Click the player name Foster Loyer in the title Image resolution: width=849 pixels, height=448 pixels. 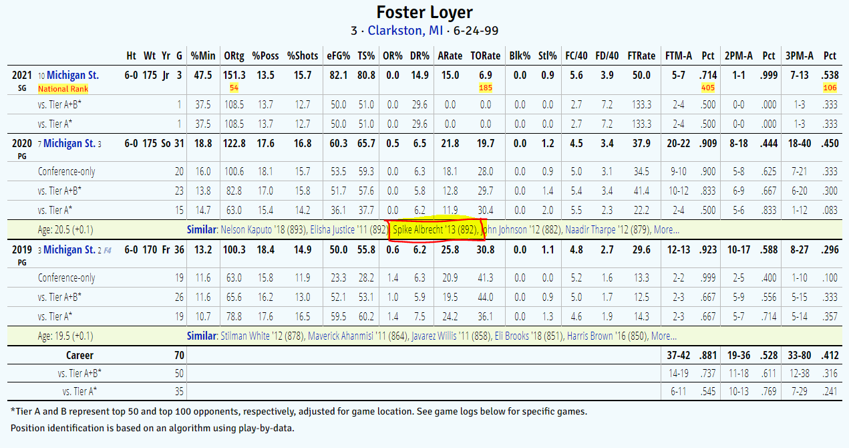tap(424, 13)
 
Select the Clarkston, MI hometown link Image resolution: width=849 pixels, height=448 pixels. tap(405, 31)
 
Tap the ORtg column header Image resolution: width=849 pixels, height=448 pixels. tap(234, 55)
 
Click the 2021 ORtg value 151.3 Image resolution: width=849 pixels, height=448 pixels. tap(234, 76)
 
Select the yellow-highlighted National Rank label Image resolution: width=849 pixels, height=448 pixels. tap(63, 88)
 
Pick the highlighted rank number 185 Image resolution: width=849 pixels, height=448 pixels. tap(486, 88)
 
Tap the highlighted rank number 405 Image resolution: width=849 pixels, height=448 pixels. tap(707, 88)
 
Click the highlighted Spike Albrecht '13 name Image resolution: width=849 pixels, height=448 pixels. tap(435, 230)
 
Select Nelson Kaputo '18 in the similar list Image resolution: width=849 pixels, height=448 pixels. tap(254, 230)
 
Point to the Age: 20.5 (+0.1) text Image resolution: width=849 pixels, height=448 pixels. tap(65, 230)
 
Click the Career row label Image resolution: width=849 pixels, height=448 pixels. tap(79, 356)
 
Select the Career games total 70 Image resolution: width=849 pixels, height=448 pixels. tap(178, 356)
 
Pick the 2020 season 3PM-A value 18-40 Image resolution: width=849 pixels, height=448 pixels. tap(795, 144)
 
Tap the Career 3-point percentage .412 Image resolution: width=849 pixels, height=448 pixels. tap(829, 356)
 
